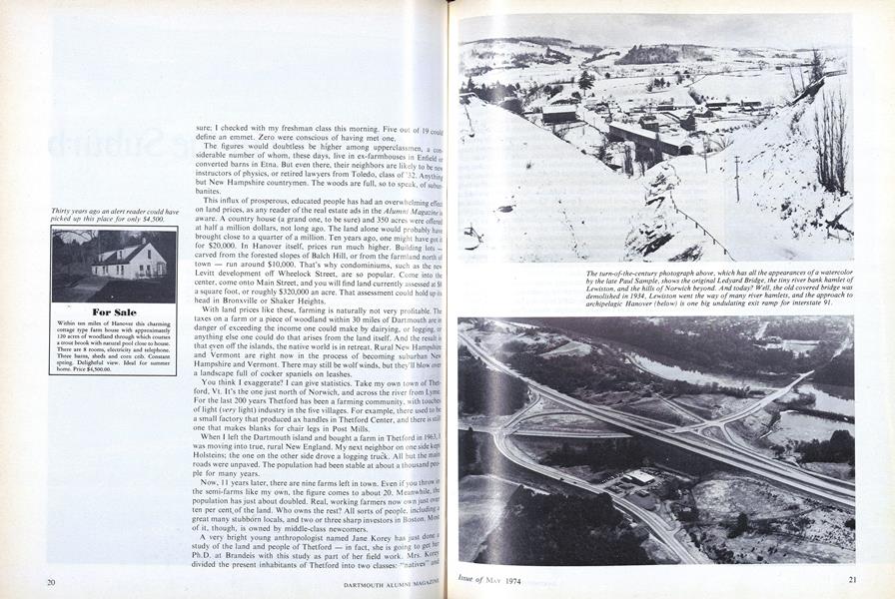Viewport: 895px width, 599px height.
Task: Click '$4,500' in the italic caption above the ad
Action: pyautogui.click(x=164, y=219)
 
